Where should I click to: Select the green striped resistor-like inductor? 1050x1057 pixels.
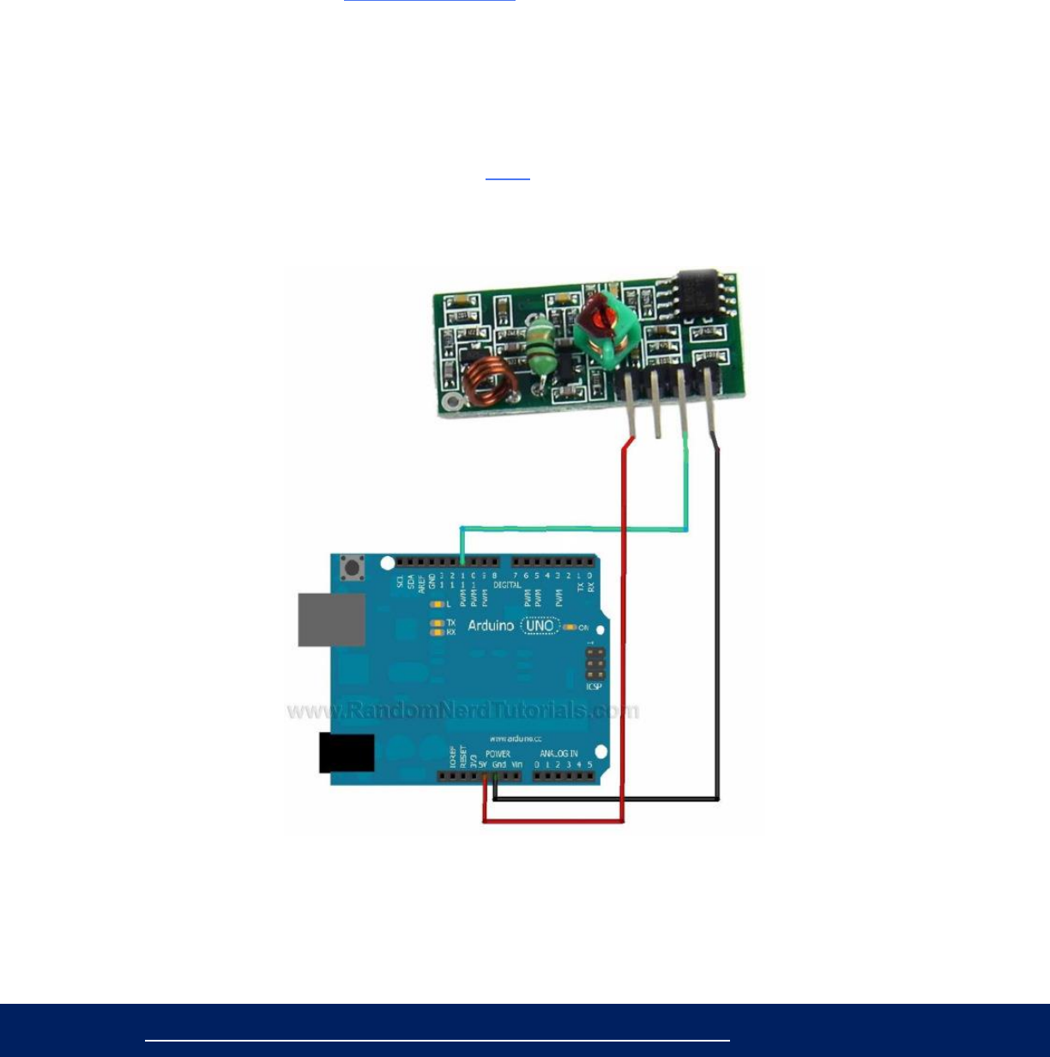(x=540, y=347)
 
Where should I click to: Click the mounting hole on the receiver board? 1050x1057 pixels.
(x=447, y=402)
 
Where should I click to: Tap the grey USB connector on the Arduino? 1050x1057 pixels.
(x=331, y=619)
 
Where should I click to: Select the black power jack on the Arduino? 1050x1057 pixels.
(x=346, y=753)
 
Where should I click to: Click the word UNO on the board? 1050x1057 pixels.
(x=540, y=625)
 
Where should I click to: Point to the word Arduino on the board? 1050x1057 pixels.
(x=491, y=626)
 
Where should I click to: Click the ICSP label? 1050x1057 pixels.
(x=594, y=686)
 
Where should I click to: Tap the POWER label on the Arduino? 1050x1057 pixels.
(x=498, y=754)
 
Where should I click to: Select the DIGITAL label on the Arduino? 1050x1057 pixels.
(x=508, y=584)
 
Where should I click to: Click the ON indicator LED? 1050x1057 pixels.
(x=569, y=627)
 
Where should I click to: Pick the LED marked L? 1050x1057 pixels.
(x=437, y=604)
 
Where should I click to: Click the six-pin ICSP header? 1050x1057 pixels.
(x=594, y=664)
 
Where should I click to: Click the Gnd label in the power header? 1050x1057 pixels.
(x=499, y=764)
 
